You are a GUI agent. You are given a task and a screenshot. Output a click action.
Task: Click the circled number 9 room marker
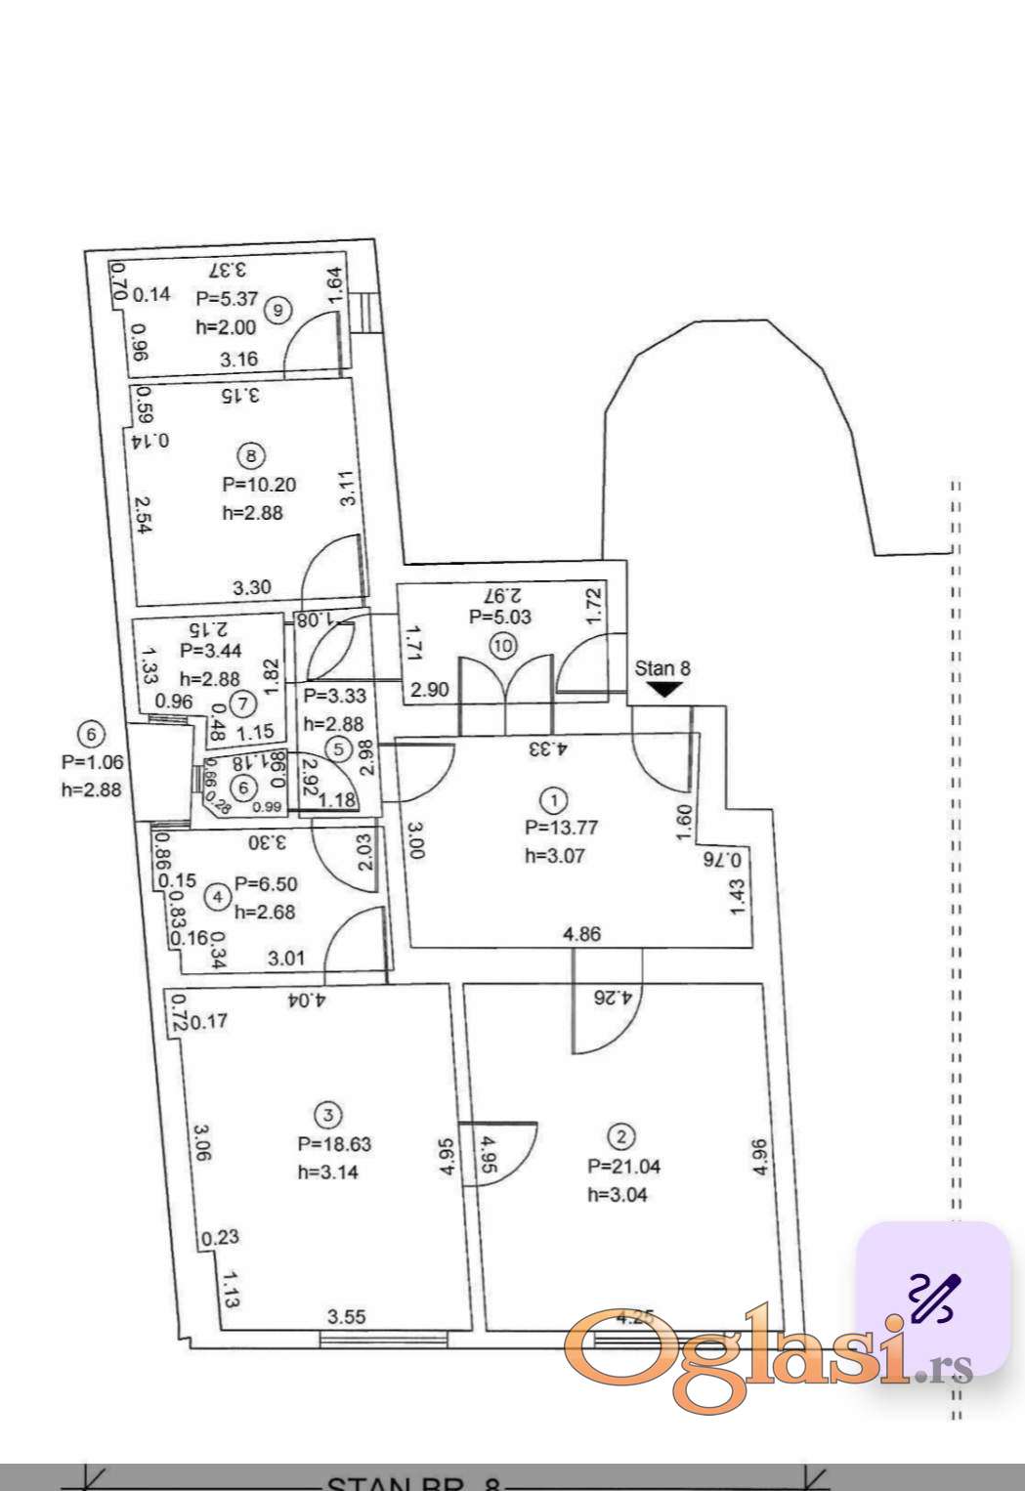coord(278,311)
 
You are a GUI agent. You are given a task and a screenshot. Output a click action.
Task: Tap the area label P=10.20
coord(259,485)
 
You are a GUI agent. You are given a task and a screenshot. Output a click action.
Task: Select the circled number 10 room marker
coord(503,645)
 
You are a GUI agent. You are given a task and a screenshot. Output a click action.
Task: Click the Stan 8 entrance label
coord(662,668)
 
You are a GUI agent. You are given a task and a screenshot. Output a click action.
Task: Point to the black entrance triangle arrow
coord(664,690)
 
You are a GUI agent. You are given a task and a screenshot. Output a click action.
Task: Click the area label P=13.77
coord(561,827)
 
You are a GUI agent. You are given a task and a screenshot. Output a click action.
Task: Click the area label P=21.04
coord(623,1166)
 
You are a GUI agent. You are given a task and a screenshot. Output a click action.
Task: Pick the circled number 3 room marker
coord(327,1115)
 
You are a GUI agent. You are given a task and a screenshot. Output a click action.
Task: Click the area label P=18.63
coord(334,1144)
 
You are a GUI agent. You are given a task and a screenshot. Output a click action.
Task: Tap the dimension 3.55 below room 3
coord(346,1317)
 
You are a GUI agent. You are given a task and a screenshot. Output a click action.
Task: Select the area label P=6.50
coord(266,883)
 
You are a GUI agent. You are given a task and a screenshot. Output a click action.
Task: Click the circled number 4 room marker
coord(217,896)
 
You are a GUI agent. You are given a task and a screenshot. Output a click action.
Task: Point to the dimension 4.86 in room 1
coord(582,933)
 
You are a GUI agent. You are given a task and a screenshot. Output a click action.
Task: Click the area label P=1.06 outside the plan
coord(92,762)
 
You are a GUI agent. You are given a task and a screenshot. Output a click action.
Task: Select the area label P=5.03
coord(500,617)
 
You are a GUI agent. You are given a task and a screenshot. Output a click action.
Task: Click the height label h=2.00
coord(225,328)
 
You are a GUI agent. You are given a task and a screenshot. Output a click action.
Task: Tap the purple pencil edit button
coord(933,1298)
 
